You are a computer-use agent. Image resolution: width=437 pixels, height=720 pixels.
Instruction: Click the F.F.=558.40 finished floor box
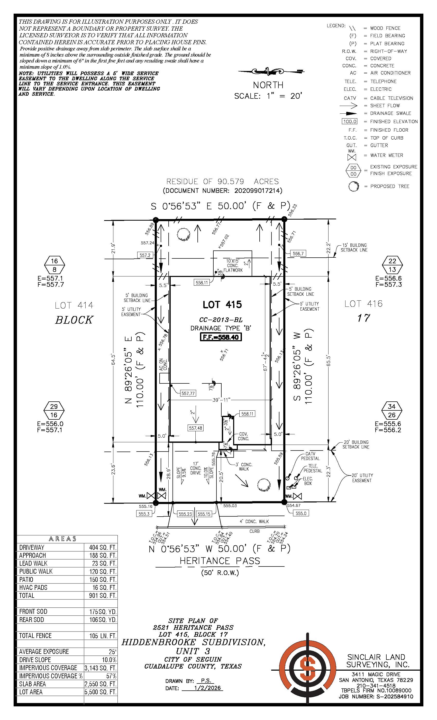[221, 337]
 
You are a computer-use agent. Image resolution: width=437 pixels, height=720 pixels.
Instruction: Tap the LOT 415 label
[222, 305]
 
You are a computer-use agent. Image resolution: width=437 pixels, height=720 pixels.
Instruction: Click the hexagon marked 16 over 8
[54, 265]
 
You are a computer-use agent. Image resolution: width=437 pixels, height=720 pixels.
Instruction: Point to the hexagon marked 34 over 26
[392, 411]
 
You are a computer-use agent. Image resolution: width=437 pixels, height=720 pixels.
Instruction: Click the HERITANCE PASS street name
[220, 561]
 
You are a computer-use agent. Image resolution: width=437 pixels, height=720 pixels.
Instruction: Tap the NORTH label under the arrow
[268, 85]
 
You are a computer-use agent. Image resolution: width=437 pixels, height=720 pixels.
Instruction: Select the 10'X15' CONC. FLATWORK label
[233, 265]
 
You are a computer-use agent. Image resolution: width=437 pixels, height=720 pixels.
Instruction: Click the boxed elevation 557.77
[188, 393]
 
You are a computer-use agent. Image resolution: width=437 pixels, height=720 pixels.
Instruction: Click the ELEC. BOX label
[308, 481]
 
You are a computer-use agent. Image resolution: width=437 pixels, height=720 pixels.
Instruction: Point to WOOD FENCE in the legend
[385, 28]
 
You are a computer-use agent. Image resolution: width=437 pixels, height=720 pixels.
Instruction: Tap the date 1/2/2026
[207, 688]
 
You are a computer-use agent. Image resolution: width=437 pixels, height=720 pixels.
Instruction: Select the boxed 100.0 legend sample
[349, 121]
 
